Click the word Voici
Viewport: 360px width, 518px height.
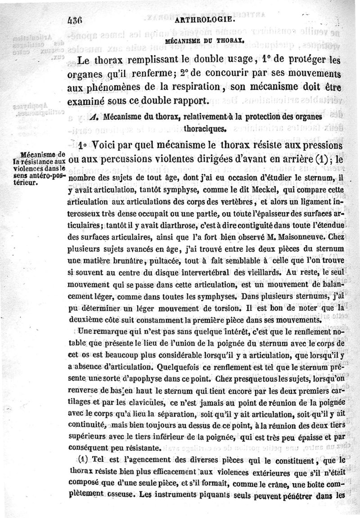(107, 147)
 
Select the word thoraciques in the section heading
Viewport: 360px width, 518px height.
(204, 129)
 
